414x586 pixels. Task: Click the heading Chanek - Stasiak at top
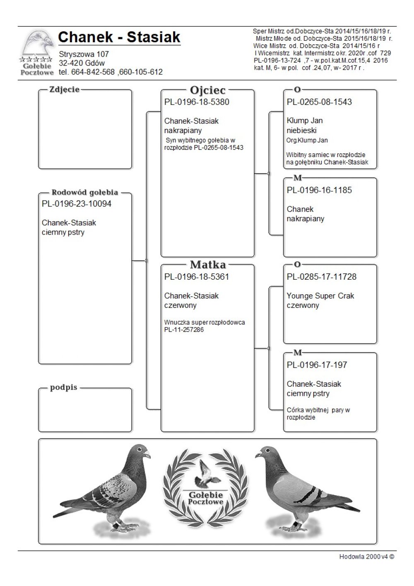[119, 37]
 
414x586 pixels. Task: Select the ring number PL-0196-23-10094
[77, 204]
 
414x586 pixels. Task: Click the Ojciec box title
[207, 90]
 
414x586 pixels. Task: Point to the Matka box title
[207, 264]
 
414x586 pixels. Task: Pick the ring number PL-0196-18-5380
[197, 102]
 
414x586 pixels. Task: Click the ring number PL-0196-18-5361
[197, 277]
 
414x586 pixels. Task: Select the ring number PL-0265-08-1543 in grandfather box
[319, 102]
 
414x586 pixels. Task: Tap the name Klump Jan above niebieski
[305, 121]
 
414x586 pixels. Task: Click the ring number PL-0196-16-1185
[319, 190]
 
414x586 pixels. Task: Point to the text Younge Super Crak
[320, 296]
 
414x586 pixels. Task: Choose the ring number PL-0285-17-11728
[321, 277]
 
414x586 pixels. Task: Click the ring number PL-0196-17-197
[317, 365]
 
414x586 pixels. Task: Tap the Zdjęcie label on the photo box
[64, 90]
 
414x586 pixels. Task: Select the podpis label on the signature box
[64, 388]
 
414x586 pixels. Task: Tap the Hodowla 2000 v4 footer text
[366, 557]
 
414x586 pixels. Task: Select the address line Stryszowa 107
[84, 54]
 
